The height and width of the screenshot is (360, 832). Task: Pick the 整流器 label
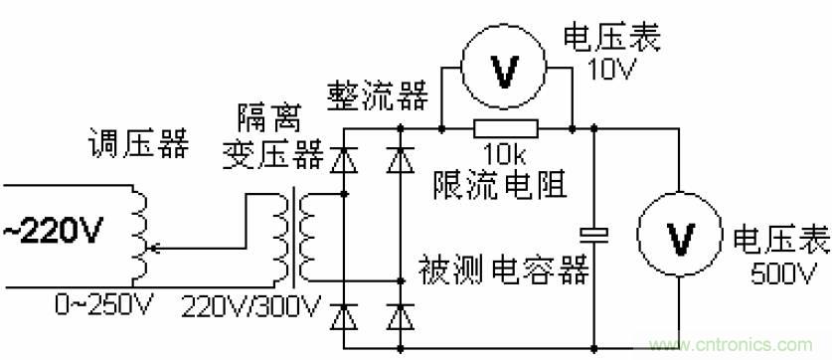click(378, 94)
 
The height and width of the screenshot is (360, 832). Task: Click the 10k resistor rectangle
click(507, 127)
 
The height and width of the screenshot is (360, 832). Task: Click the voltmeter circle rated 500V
click(681, 237)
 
